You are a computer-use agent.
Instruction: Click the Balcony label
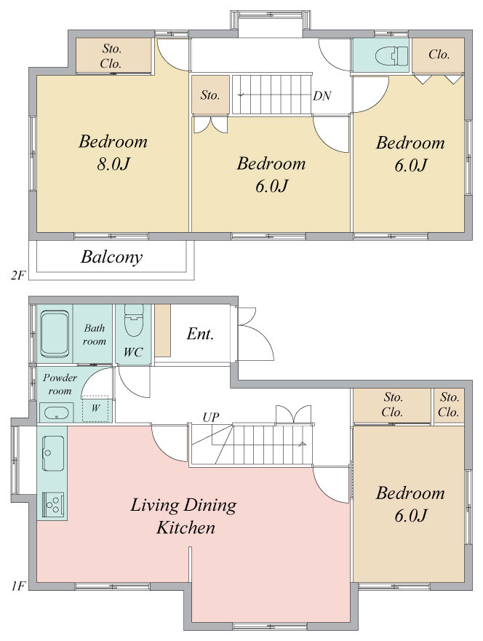point(111,257)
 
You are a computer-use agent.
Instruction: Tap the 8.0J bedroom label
point(113,153)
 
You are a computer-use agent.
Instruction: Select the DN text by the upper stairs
point(322,95)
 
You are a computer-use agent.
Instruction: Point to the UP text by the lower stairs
point(211,418)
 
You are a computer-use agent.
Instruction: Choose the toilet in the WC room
point(134,320)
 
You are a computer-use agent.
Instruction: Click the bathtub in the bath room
point(55,334)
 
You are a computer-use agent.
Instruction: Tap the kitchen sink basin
point(53,453)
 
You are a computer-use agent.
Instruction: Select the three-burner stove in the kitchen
point(53,504)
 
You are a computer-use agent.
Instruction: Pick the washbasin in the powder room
point(57,412)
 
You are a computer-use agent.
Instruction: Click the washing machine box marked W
point(95,408)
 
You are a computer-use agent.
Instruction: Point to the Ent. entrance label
point(200,334)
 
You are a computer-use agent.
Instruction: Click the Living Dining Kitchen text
point(184,517)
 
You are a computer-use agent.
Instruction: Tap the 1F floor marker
point(19,586)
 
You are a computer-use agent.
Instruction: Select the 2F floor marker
point(18,276)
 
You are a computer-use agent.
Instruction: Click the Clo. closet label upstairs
point(439,55)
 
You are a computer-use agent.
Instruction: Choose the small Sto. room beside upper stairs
point(210,95)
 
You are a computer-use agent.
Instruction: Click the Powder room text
point(60,384)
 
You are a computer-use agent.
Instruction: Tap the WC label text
point(133,352)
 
